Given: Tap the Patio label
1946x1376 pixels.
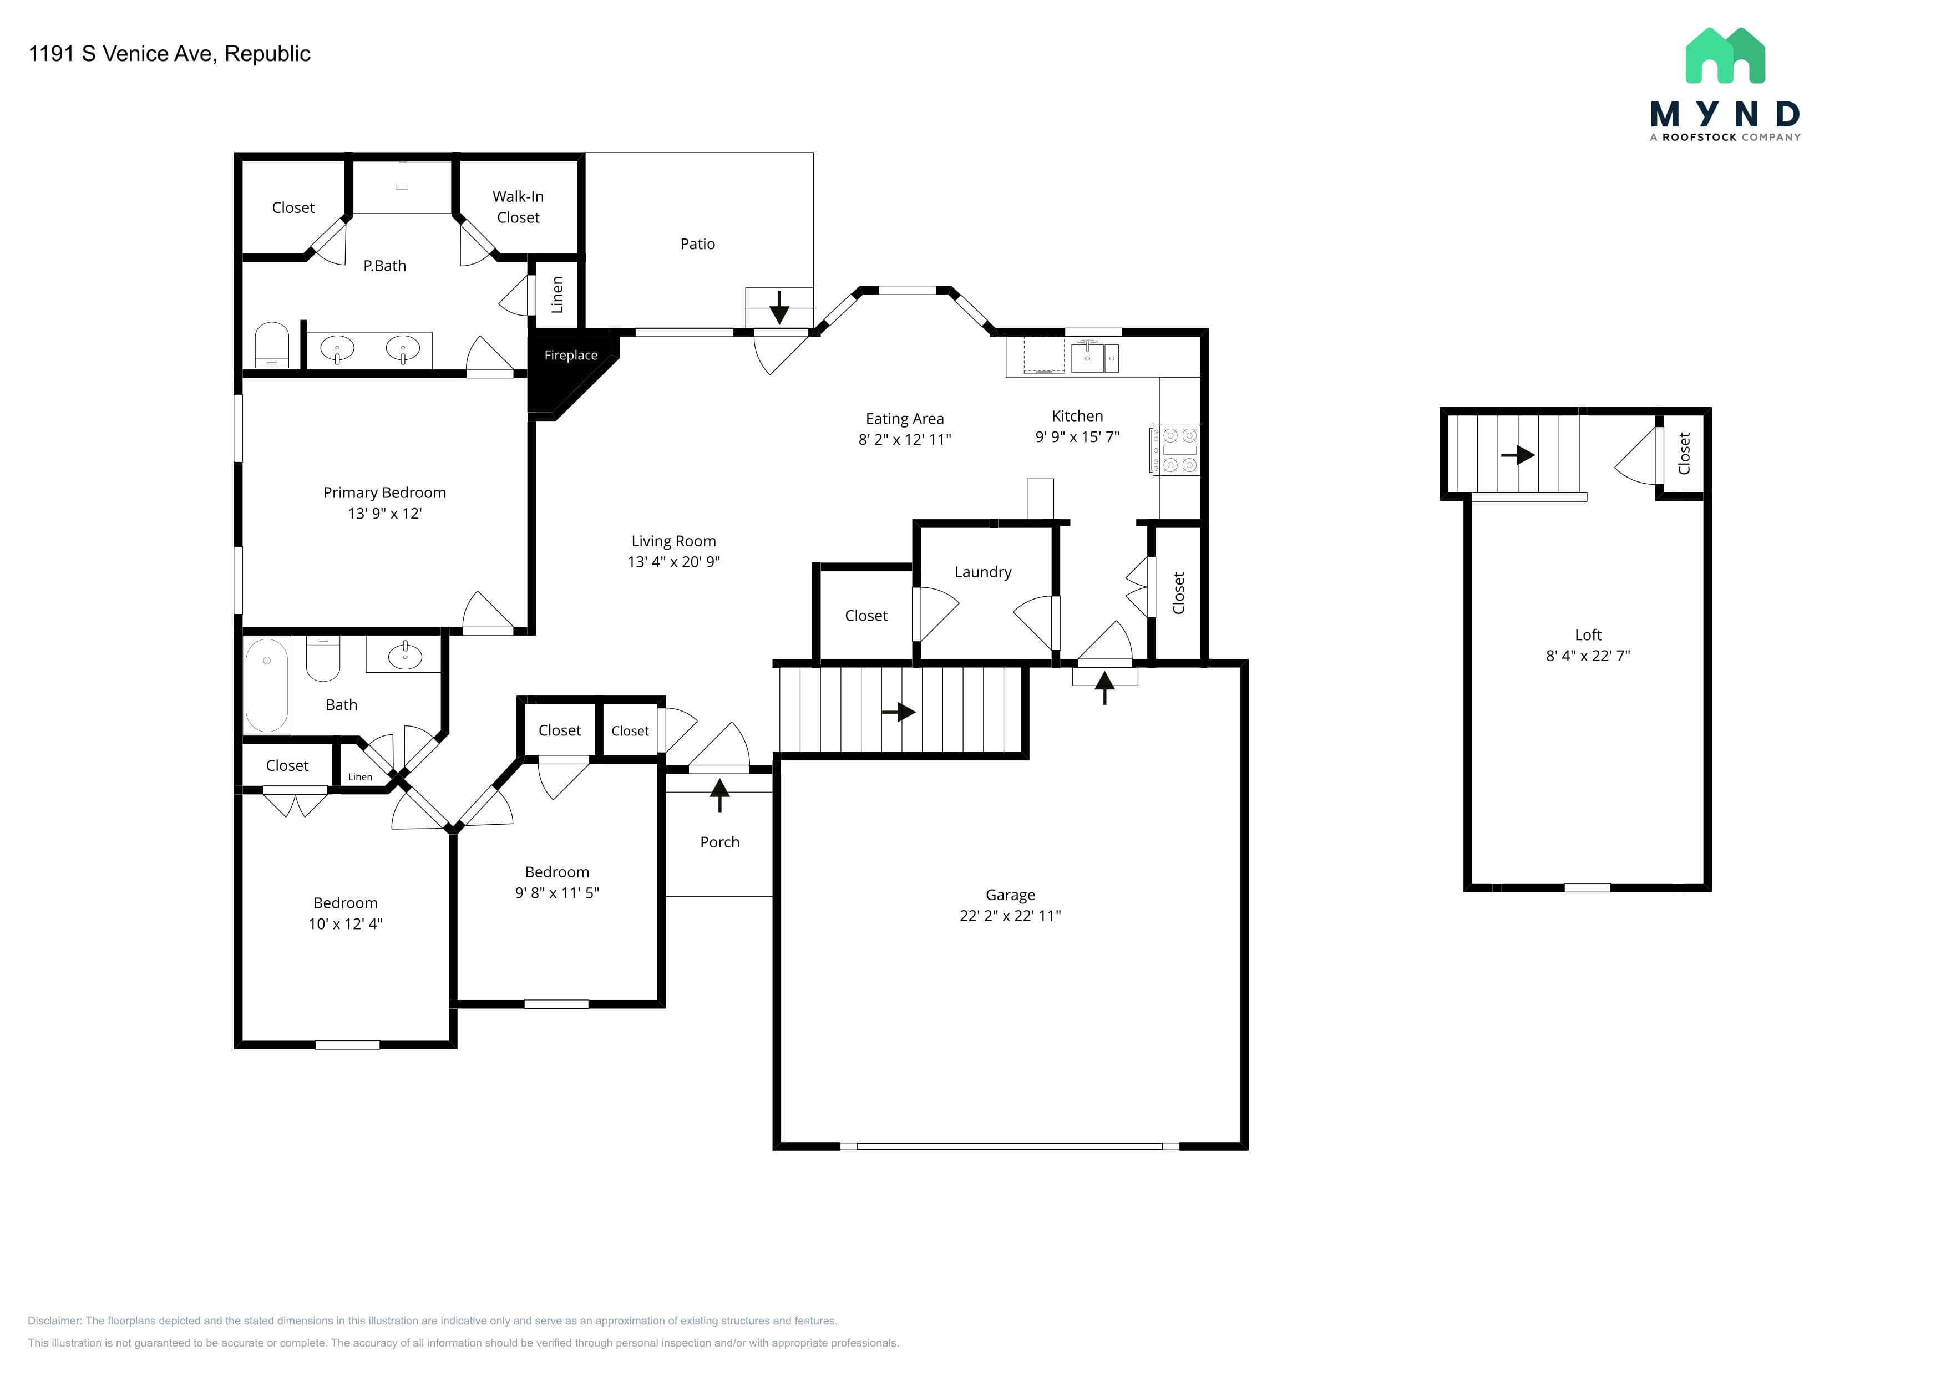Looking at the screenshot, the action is point(697,244).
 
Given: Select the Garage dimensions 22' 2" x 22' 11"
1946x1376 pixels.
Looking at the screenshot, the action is point(1010,915).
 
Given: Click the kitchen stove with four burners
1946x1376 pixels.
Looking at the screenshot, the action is point(1175,450).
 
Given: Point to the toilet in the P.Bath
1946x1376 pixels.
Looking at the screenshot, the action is point(272,345).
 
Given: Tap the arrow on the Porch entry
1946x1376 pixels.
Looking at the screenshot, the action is point(719,795).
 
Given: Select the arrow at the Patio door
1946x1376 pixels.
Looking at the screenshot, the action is point(779,307).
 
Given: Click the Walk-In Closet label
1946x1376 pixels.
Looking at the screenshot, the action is point(518,207).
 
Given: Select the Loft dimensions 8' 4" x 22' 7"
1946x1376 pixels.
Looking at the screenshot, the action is point(1588,655).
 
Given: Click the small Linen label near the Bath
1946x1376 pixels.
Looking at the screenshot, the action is point(360,777).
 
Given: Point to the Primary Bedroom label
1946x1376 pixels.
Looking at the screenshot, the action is point(385,492).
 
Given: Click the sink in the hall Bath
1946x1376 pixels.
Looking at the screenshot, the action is point(405,656).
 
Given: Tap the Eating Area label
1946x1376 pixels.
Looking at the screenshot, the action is point(904,419).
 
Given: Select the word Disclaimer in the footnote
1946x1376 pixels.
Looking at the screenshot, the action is point(54,1321).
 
